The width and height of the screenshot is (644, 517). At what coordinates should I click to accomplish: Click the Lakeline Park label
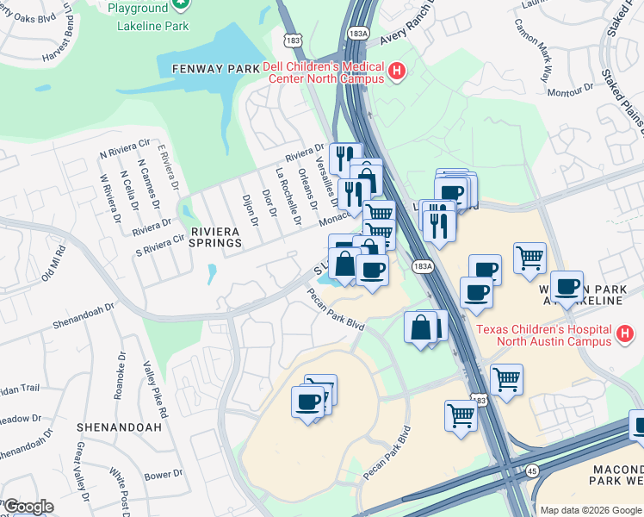point(152,26)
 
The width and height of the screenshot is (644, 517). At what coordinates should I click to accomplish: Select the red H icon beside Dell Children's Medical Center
point(397,71)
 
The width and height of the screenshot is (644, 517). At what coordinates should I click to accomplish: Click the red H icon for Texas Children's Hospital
point(626,333)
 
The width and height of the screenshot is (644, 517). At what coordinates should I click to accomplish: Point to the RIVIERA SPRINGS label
point(216,237)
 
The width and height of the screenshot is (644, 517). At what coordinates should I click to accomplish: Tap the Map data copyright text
point(591,510)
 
